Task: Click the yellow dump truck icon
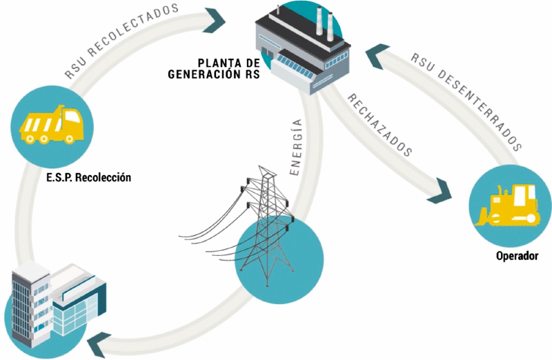[51, 124]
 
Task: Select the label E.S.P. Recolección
[88, 177]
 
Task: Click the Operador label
[517, 256]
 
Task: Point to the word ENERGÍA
[296, 146]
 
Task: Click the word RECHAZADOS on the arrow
[379, 126]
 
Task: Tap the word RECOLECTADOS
[133, 29]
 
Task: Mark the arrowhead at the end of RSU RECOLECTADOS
[214, 21]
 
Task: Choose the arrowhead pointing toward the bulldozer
[440, 192]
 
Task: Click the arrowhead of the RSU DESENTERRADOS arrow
[377, 55]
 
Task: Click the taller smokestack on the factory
[319, 20]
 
